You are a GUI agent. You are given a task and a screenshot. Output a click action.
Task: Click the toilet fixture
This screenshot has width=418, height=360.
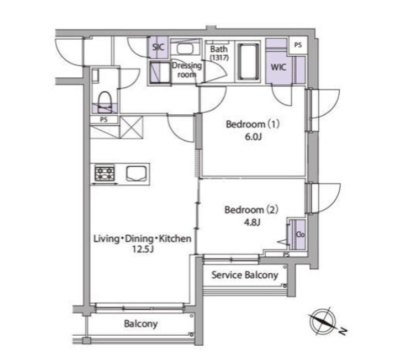click(x=104, y=102)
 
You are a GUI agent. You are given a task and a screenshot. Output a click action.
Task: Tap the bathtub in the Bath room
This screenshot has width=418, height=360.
click(x=248, y=61)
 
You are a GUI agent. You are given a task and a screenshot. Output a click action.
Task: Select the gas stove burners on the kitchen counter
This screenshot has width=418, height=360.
click(x=105, y=174)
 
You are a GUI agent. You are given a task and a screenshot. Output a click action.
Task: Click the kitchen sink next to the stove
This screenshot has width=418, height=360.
click(x=136, y=174)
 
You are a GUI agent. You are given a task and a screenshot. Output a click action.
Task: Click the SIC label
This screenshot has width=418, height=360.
click(x=158, y=47)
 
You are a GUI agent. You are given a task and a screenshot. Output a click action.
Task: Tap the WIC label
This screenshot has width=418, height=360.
click(x=278, y=67)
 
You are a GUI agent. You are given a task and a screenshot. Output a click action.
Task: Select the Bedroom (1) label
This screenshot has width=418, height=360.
click(x=252, y=124)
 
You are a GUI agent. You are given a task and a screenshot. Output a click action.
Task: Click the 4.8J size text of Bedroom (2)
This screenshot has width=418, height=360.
click(x=252, y=222)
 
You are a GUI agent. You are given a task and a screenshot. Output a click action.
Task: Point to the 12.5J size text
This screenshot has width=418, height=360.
click(x=143, y=250)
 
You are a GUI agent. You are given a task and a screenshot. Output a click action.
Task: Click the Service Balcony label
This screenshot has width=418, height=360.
click(x=245, y=275)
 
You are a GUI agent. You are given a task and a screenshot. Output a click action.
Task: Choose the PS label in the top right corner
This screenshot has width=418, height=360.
click(x=298, y=45)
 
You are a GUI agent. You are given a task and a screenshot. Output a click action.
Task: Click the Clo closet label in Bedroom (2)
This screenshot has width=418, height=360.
click(x=300, y=235)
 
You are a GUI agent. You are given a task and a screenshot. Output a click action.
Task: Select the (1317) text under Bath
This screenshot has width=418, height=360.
click(x=219, y=58)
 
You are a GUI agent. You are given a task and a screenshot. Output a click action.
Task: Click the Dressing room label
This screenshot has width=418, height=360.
click(x=186, y=70)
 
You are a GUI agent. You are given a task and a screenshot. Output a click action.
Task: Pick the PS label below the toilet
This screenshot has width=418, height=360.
click(x=104, y=120)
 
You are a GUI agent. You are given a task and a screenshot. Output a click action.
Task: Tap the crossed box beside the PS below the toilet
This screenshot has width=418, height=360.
click(x=131, y=127)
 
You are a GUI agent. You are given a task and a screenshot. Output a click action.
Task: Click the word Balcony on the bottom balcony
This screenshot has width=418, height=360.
click(x=141, y=324)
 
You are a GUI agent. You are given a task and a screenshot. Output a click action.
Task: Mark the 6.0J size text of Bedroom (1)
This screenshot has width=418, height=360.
click(x=253, y=137)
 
